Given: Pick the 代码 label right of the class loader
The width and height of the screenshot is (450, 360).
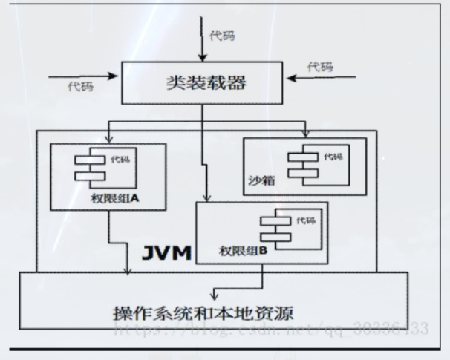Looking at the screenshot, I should click(320, 66).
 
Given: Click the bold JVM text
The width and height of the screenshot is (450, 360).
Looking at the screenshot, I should click(167, 253).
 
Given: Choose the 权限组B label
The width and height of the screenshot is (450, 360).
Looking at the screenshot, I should click(242, 252).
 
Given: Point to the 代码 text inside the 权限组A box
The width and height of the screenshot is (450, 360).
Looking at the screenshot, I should click(118, 159).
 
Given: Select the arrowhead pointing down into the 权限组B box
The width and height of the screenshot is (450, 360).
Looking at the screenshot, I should click(209, 198).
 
